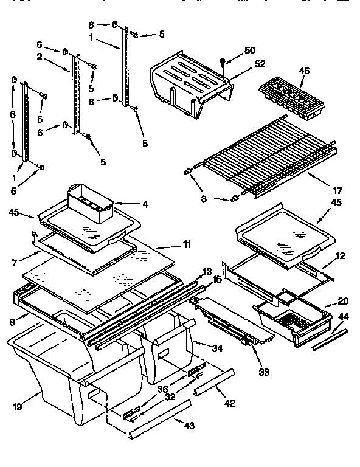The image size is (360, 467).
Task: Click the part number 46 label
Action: tap(304, 71)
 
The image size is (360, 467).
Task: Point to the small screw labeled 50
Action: tap(223, 61)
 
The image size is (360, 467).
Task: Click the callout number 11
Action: tap(186, 244)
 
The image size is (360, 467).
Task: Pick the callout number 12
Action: tap(340, 256)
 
